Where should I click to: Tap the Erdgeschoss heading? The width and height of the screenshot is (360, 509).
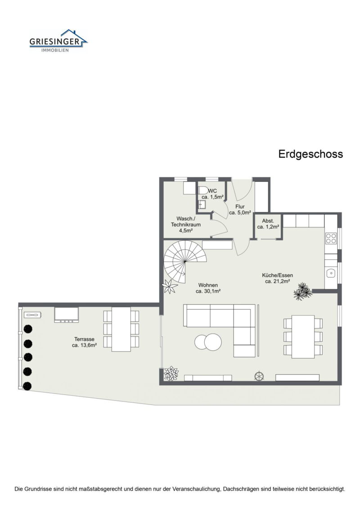point(310,154)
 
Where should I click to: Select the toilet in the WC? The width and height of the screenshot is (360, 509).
point(203,190)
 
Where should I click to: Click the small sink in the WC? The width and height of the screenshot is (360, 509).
point(202,205)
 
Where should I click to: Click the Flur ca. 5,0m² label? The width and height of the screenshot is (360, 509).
point(240,210)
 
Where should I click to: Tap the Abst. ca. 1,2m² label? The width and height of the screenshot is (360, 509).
point(269,224)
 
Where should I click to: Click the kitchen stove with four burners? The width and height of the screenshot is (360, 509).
point(331,238)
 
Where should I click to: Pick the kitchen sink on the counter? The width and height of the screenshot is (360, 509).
point(331,273)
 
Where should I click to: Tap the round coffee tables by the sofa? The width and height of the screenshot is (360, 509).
point(208,342)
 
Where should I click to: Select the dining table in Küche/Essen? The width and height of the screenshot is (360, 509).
point(303,337)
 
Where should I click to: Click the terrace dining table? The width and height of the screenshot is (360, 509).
point(121,329)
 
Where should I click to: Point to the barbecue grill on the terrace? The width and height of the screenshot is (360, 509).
point(67,315)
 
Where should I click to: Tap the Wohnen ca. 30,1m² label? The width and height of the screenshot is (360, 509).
point(207,288)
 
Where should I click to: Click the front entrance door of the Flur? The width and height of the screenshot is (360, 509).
point(242,189)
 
